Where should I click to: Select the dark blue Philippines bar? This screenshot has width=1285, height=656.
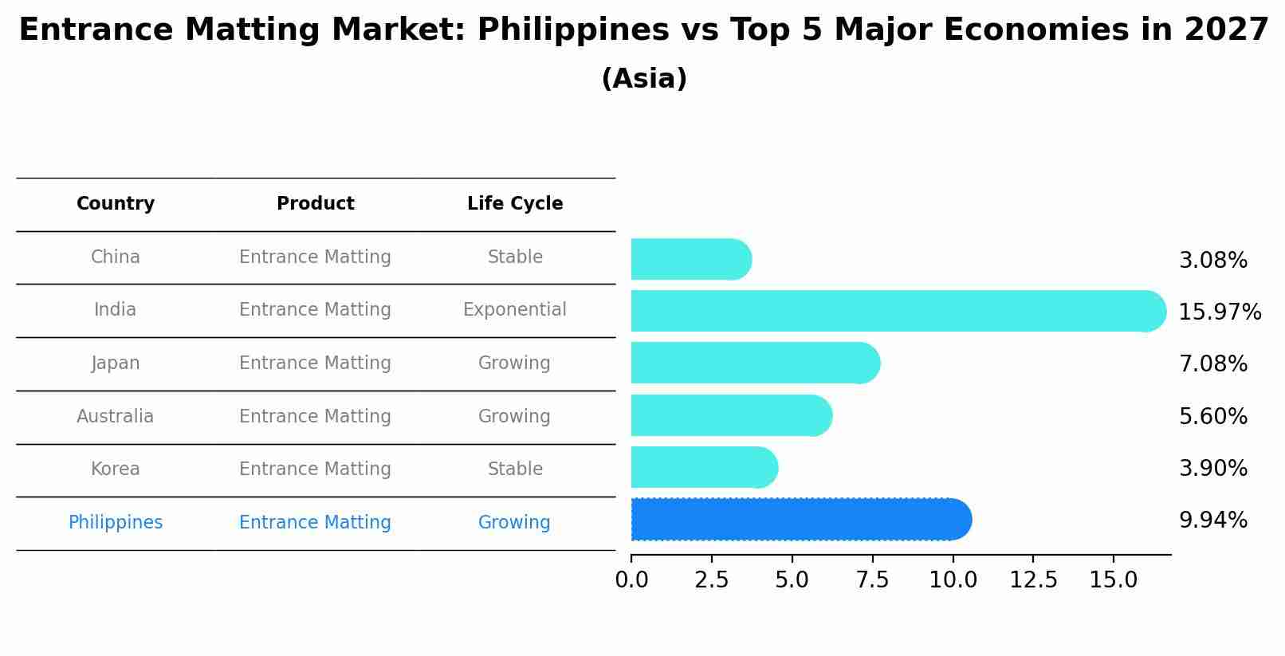coord(800,520)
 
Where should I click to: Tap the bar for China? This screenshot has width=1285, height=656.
coord(690,259)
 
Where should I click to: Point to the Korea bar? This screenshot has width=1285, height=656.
coord(703,467)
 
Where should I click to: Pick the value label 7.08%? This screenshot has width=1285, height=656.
coord(1212,364)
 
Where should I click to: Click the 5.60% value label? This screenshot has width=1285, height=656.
coord(1212,416)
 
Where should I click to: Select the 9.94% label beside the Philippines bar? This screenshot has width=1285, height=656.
coord(1212,520)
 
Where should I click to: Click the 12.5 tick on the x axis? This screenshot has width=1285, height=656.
coord(1033,580)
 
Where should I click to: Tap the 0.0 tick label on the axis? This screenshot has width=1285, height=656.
coord(631,580)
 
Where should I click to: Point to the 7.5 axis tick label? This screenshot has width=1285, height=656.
coord(872,580)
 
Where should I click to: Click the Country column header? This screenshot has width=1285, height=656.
coord(116,204)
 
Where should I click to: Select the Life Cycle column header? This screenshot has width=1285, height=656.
coord(515,204)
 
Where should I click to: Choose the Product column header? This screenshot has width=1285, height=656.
coord(315,204)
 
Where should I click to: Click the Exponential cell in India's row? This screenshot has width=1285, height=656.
coord(515,310)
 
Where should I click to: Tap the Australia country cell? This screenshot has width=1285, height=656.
coord(116,416)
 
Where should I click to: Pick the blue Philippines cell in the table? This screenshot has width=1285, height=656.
coord(116,523)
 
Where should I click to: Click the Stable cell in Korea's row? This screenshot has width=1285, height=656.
coord(515,469)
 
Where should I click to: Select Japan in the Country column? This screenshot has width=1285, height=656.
coord(116,363)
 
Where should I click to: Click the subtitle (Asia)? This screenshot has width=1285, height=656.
coord(644,79)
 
